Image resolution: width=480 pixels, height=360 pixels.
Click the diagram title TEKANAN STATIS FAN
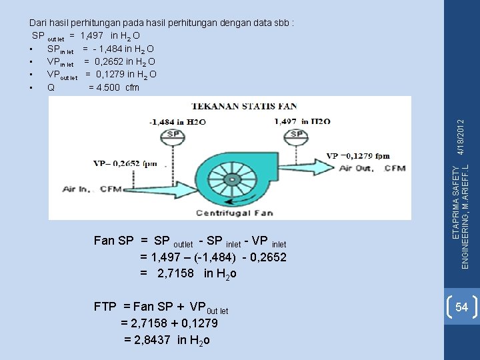click(x=244, y=106)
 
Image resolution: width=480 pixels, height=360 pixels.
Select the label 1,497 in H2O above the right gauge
click(x=302, y=121)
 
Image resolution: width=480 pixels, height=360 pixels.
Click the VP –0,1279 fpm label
click(x=357, y=155)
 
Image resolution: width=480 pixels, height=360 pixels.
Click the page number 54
click(x=461, y=307)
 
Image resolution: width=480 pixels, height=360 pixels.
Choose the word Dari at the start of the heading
click(x=41, y=22)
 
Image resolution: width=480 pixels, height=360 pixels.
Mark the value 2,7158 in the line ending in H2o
click(x=175, y=273)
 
